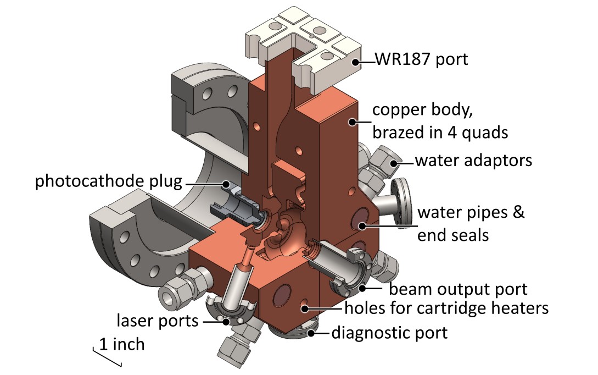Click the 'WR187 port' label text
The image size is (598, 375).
[x=422, y=59]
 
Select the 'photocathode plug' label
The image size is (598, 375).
[x=112, y=182]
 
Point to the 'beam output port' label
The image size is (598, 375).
[x=458, y=289]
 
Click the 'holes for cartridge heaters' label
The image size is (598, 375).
[x=446, y=308]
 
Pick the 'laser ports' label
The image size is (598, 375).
[x=158, y=319]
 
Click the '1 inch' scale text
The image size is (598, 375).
[x=121, y=345]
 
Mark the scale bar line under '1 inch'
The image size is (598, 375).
[x=107, y=357]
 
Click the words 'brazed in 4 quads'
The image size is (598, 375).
[x=440, y=133]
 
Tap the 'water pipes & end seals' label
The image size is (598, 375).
[x=471, y=224]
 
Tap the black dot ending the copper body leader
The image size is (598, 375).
[x=349, y=123]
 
